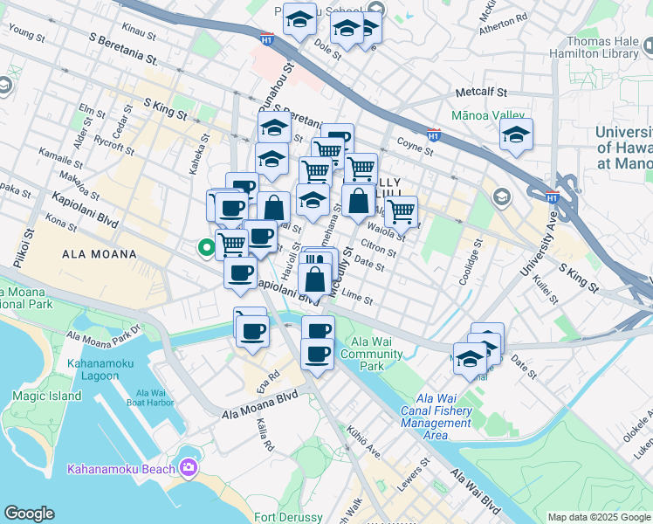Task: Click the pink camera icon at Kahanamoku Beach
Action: click(x=188, y=468)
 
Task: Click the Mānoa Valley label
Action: click(x=488, y=114)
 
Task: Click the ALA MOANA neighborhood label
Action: click(x=100, y=254)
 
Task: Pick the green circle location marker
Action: click(x=207, y=248)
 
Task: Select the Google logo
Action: click(x=29, y=514)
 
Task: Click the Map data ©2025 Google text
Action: click(x=600, y=517)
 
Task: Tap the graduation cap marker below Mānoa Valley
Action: click(x=516, y=136)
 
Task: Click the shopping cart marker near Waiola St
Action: click(x=401, y=210)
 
